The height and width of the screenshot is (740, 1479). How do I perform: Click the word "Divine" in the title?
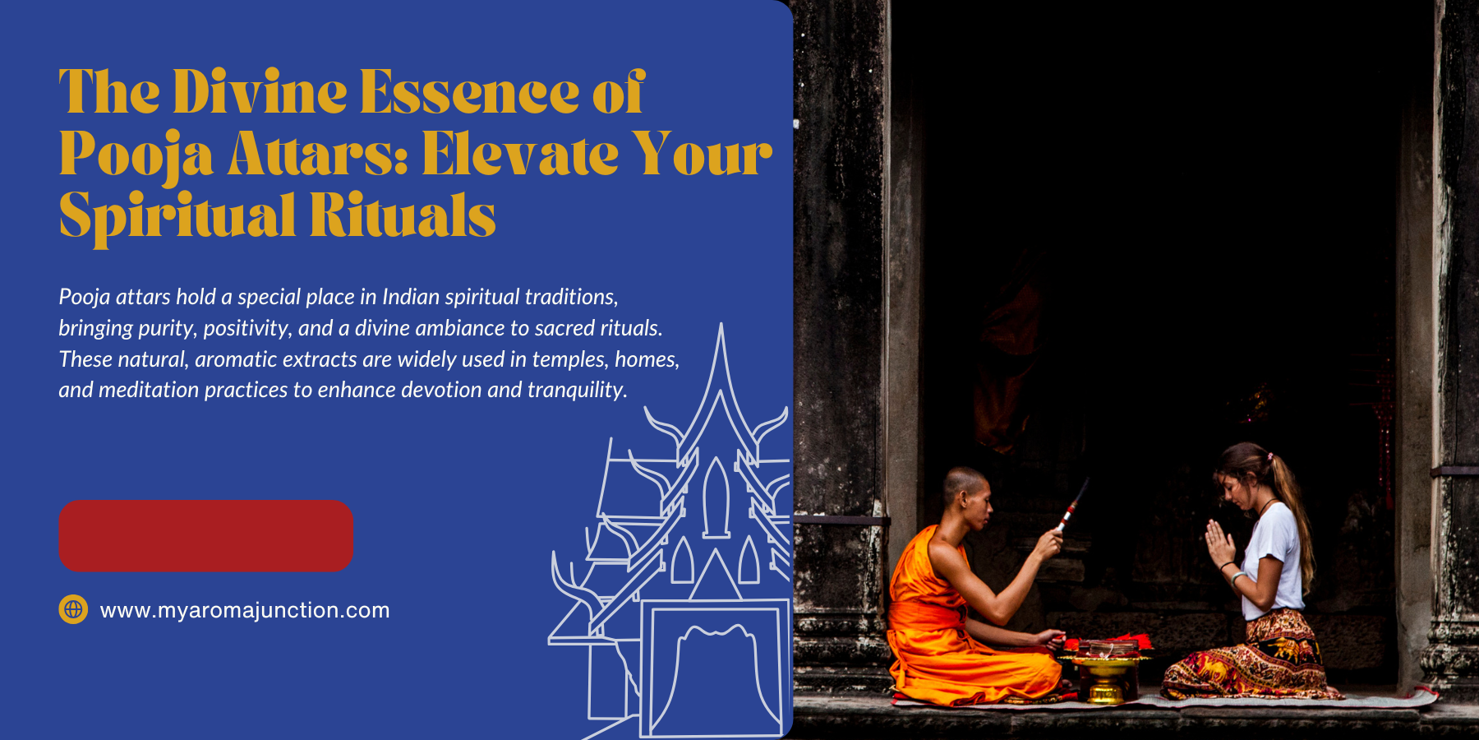[x=260, y=92]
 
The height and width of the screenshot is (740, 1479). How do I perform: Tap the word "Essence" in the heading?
[x=470, y=92]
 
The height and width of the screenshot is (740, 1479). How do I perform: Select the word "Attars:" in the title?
[x=317, y=155]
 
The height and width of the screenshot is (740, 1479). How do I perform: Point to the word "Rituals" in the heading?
[x=403, y=215]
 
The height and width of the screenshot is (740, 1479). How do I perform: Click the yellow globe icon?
[x=73, y=609]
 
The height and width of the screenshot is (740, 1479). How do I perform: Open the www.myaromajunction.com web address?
[x=245, y=610]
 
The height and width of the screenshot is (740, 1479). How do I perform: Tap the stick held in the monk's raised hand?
[x=1073, y=505]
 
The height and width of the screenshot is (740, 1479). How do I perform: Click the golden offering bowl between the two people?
[x=1105, y=671]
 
